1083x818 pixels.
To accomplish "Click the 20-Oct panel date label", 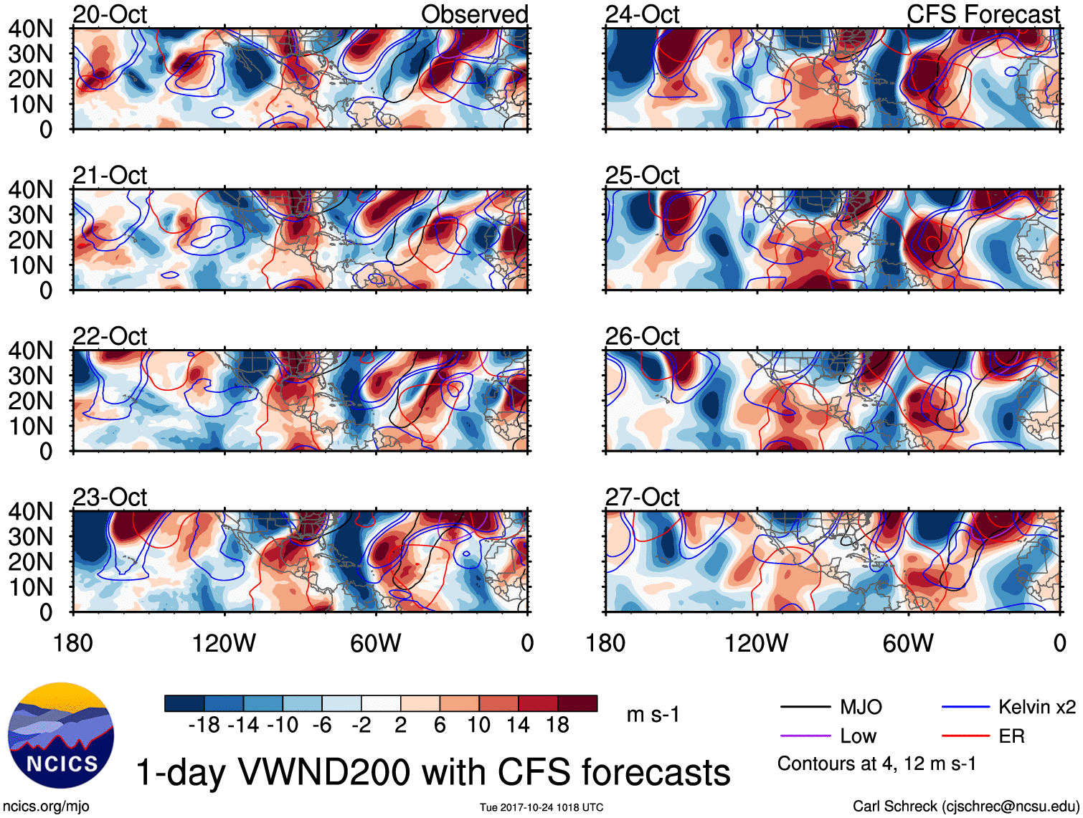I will click(110, 14).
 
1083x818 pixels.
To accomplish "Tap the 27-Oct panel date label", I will click(642, 497).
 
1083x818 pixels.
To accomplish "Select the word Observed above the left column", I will click(474, 14).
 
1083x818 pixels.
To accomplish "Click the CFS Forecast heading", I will click(983, 14).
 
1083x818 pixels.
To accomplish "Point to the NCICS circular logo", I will click(61, 736).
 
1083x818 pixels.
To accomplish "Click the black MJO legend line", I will click(805, 708).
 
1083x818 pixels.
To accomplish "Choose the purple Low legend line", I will click(805, 736).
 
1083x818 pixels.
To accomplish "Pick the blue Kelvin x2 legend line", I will click(965, 708).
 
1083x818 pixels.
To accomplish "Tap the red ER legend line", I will click(965, 736).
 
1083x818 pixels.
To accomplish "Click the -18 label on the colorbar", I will click(204, 726).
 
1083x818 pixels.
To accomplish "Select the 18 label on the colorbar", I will click(557, 726).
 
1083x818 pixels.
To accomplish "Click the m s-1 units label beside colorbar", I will click(653, 715).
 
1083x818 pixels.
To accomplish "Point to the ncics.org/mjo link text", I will click(47, 807).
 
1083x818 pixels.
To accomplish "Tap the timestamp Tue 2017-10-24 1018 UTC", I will click(541, 808).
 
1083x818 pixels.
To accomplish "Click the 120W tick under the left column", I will click(224, 643).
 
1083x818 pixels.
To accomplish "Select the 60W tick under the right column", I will click(908, 643).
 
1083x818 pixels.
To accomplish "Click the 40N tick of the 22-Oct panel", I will click(31, 351).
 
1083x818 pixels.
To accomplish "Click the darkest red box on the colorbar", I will click(577, 703).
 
